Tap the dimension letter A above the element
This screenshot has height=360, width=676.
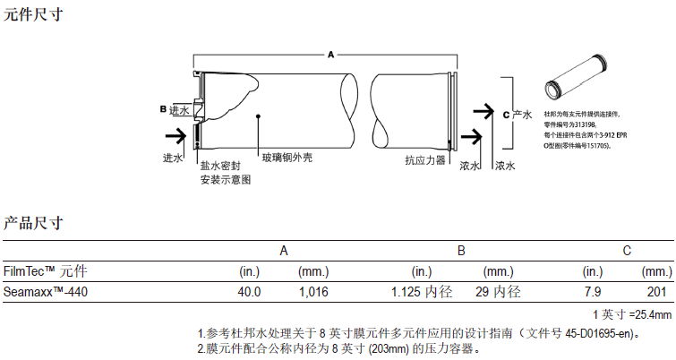pos(330,55)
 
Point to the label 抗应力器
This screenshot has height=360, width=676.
pos(424,161)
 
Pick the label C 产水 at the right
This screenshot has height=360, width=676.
pos(518,115)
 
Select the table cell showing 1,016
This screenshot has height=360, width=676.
pos(313,292)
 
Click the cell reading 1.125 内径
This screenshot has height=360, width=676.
pos(424,292)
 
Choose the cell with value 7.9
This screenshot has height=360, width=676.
pos(592,292)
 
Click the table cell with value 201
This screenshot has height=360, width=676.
pos(658,292)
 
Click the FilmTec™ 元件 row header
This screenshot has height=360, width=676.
pos(46,270)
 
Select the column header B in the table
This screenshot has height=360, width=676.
pos(461,251)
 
